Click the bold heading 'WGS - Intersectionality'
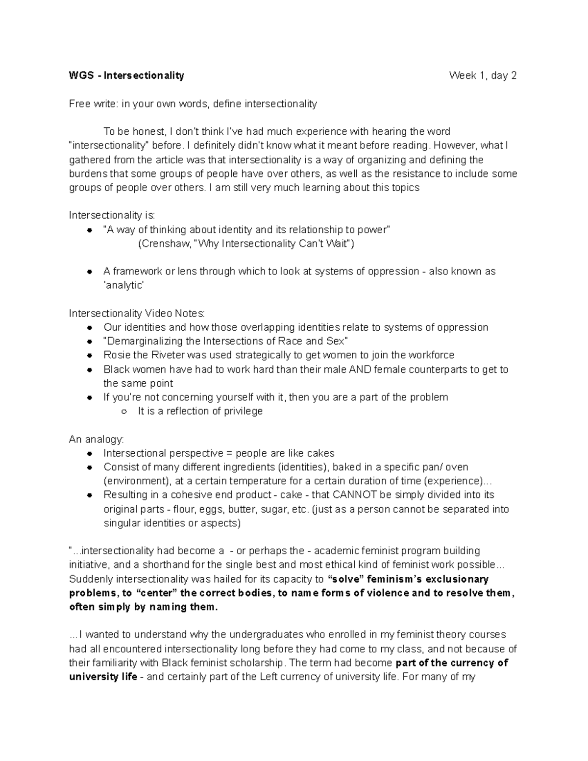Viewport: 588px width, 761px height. click(126, 75)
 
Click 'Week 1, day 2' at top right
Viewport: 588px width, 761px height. click(483, 75)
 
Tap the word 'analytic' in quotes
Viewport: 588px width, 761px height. click(124, 285)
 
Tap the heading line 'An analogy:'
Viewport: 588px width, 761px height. click(97, 439)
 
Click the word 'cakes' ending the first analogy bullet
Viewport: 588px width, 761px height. click(321, 453)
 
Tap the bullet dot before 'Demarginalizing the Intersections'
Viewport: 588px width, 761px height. click(89, 342)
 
